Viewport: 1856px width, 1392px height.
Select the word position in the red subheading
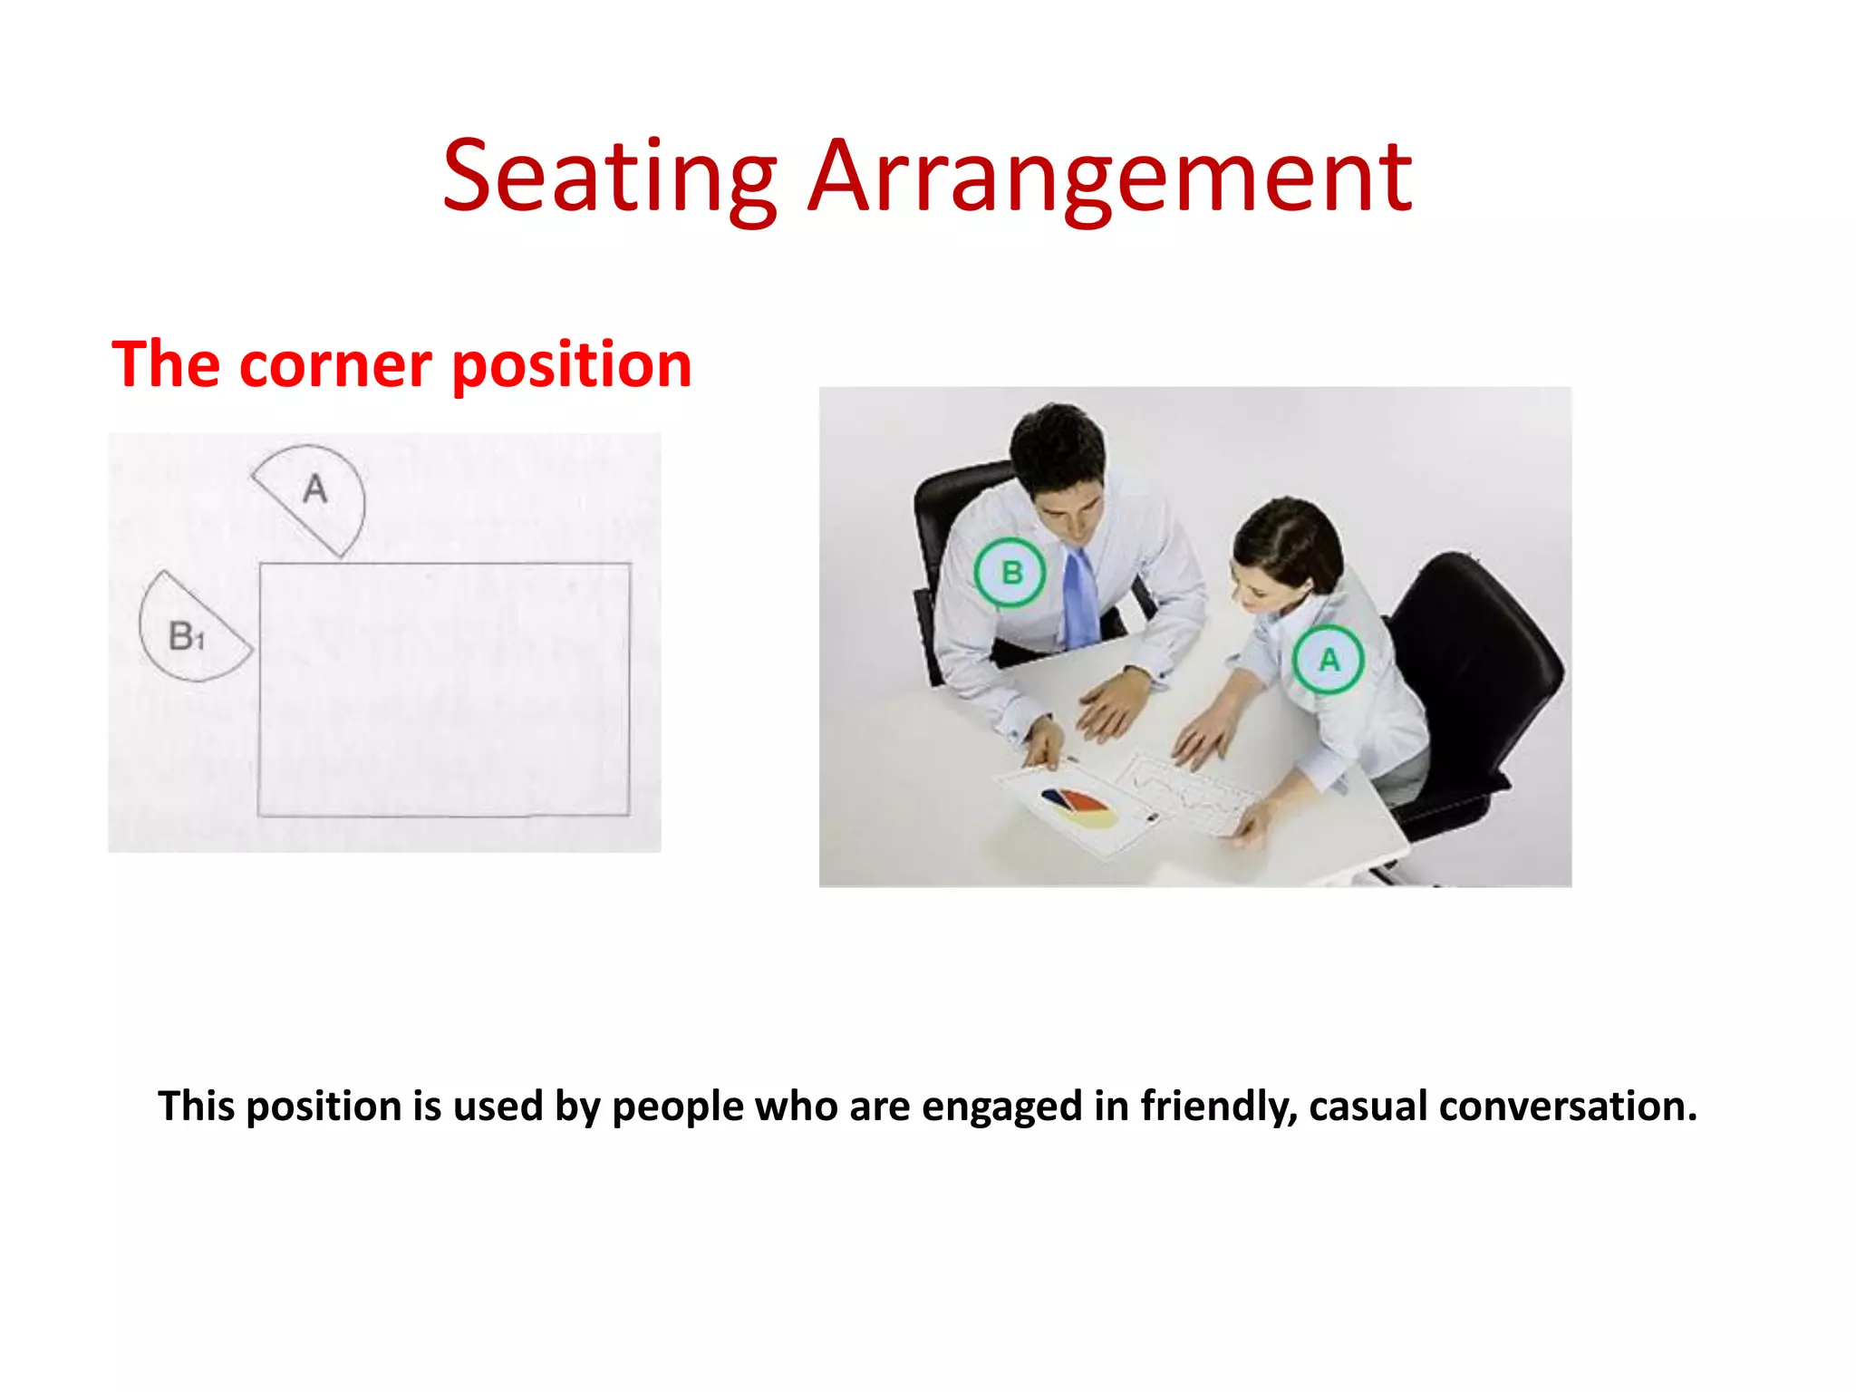pos(571,366)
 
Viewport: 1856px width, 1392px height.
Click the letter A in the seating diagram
pos(314,489)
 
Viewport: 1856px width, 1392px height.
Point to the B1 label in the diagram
pos(187,636)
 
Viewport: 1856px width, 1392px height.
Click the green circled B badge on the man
pos(1010,573)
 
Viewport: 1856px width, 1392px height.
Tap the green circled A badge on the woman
pos(1328,659)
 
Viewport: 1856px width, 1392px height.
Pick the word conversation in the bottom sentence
pos(1567,1107)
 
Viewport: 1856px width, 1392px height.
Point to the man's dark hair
pos(1056,444)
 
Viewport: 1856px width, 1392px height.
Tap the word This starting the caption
pos(196,1107)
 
